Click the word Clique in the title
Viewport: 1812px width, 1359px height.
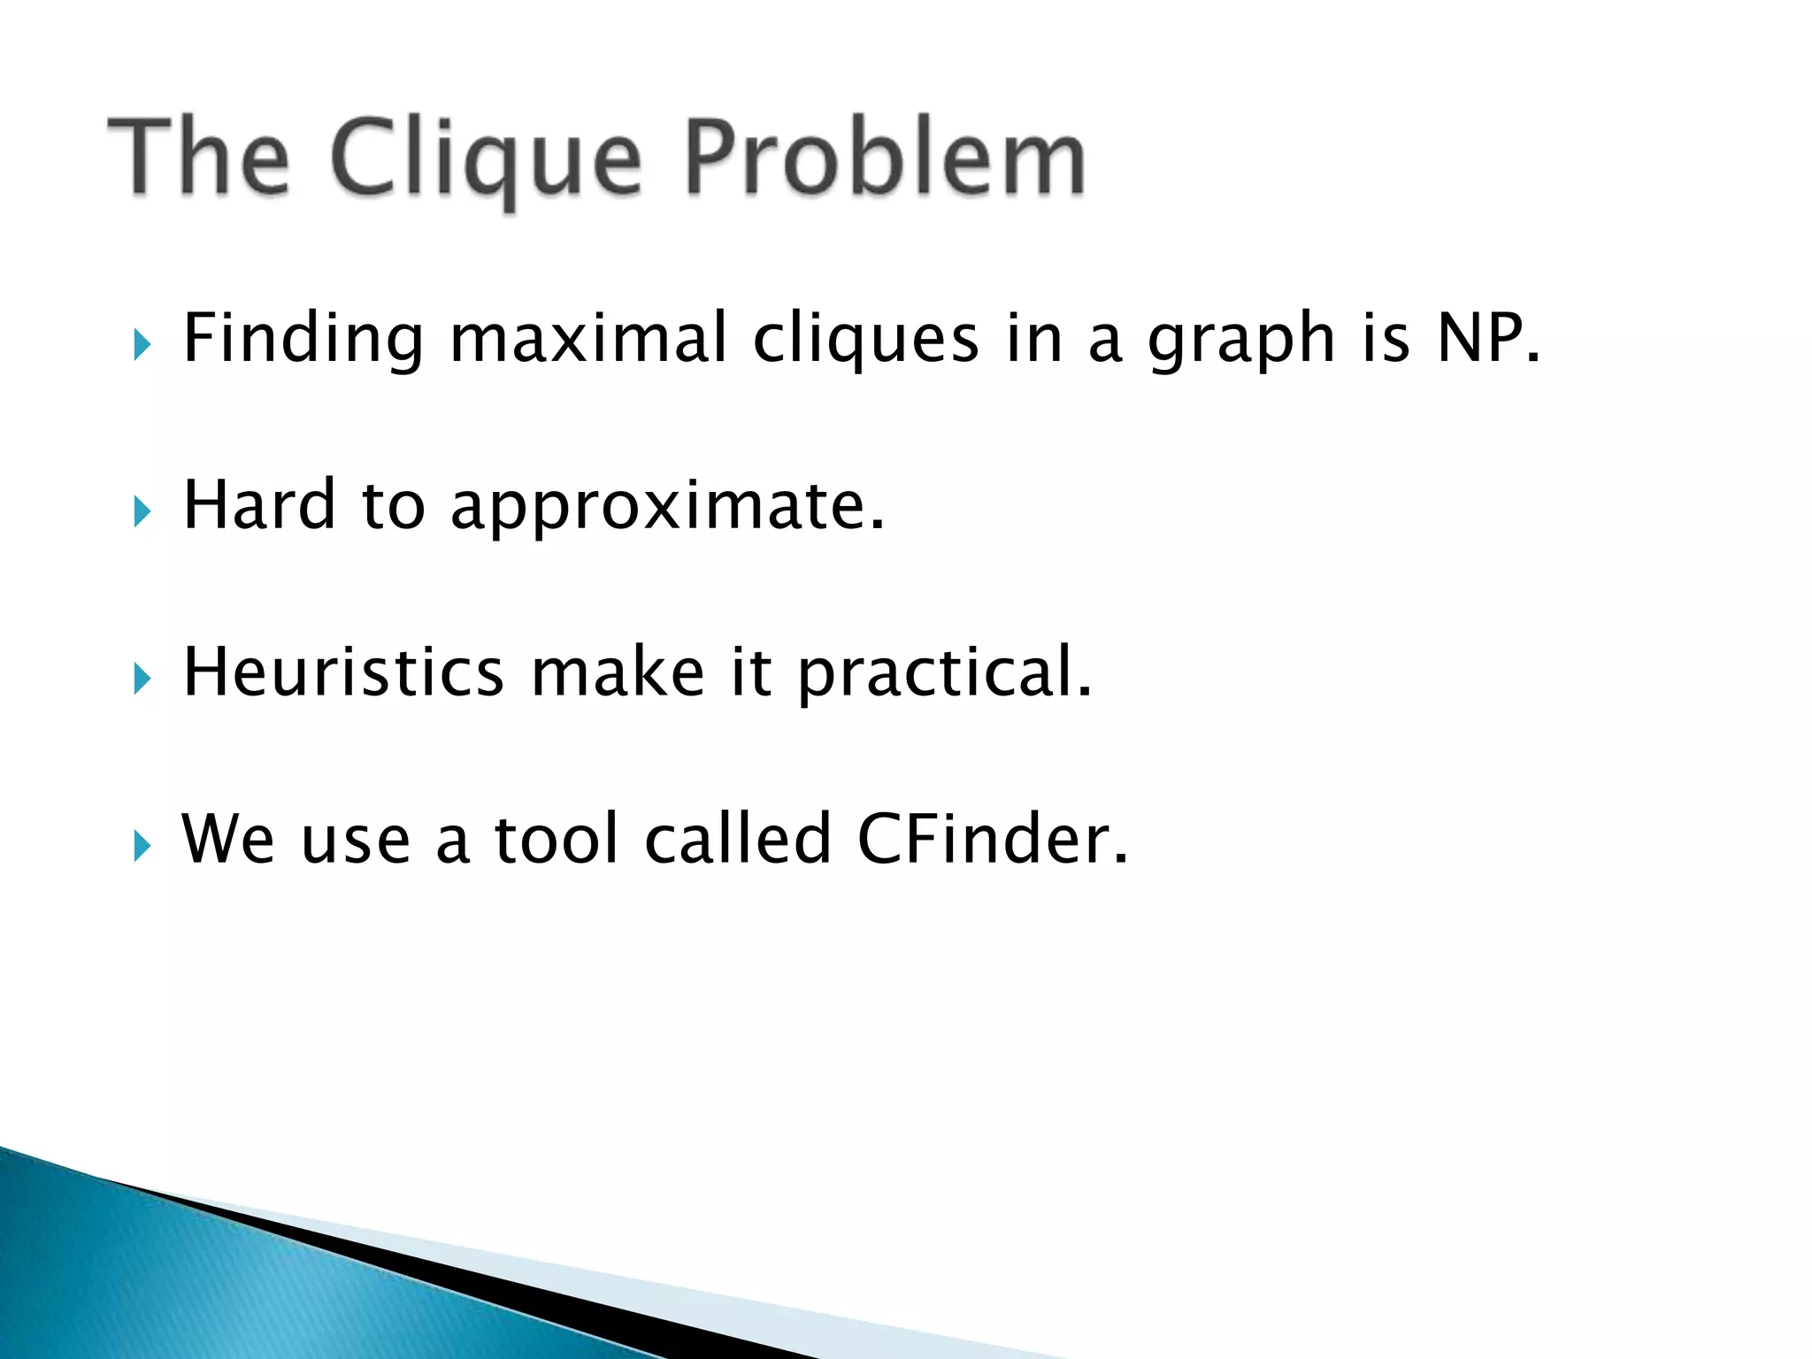484,159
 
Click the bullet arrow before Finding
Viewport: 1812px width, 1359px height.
142,344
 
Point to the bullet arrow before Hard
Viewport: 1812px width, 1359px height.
142,511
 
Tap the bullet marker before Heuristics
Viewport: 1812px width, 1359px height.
142,679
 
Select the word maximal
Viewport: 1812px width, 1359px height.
588,338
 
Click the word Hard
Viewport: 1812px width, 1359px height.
259,504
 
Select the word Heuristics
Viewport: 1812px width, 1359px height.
343,672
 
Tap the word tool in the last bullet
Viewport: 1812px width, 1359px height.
557,839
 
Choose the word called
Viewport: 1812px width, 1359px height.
738,839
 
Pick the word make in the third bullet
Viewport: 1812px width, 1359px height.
618,672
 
